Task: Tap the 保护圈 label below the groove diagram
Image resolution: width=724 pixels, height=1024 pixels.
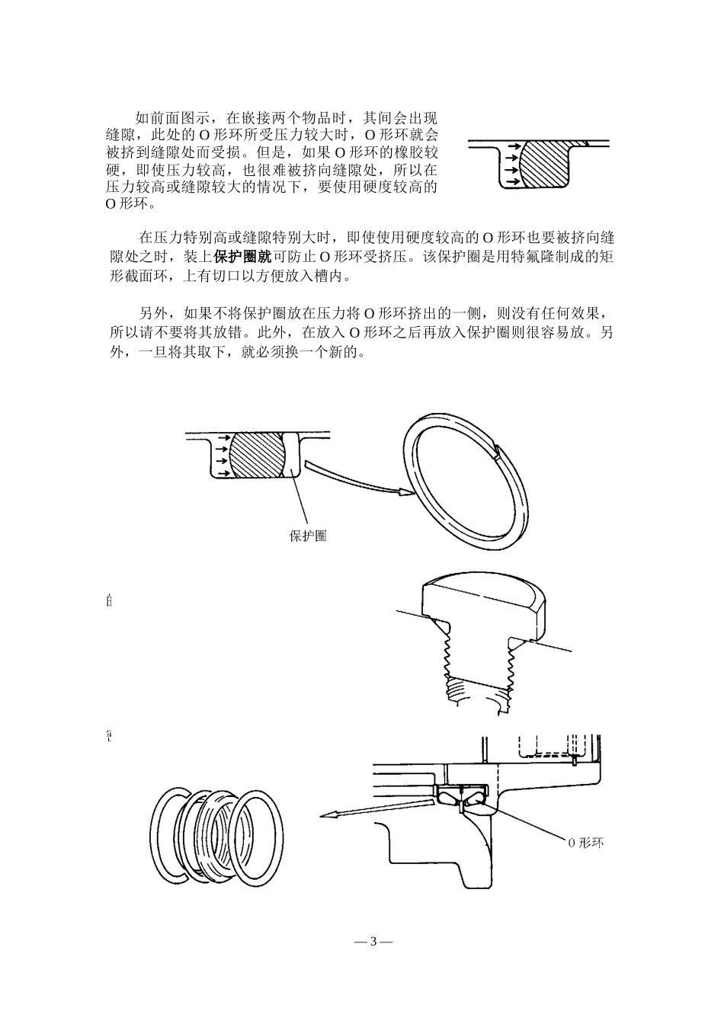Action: [x=308, y=536]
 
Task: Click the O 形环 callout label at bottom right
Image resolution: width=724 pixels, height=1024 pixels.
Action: [x=585, y=843]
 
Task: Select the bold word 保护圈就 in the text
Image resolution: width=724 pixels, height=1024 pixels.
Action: [x=242, y=257]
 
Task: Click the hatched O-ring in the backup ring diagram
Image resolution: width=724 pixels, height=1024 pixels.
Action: [x=258, y=456]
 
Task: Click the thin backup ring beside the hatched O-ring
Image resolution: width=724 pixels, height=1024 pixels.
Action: [x=292, y=456]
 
